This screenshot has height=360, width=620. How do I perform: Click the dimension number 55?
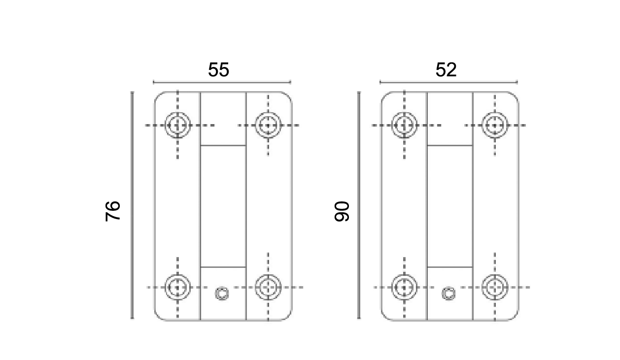pos(218,70)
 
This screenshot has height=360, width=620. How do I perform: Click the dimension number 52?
pos(446,70)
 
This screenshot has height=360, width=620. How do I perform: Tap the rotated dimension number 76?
pos(113,210)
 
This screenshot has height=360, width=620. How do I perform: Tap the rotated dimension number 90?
pos(342,211)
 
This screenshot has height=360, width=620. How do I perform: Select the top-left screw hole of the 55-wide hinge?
pos(177,125)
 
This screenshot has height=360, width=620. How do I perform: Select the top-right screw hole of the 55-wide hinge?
pos(268,125)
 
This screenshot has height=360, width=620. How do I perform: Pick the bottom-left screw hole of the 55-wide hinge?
pos(177,287)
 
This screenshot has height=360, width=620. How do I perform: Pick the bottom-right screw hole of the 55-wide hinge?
pos(268,287)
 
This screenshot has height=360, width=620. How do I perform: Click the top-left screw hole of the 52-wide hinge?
pos(404,125)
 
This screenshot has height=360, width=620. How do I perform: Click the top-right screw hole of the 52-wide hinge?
pos(494,125)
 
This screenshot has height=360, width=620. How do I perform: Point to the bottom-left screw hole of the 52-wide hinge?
pos(404,287)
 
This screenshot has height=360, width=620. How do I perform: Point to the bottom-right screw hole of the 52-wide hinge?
pos(494,287)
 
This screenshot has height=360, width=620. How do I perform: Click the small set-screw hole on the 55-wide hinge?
pos(222,294)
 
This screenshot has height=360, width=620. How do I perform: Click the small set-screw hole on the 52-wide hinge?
pos(448,294)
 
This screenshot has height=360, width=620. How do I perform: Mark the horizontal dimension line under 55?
pos(222,82)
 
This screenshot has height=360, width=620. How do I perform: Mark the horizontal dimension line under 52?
pos(448,82)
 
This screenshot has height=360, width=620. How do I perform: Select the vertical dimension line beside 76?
pos(132,205)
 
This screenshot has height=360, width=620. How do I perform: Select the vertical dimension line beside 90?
pos(359,205)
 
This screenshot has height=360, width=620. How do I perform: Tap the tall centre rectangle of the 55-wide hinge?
pos(223,206)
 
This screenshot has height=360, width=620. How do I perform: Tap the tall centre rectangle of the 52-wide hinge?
pos(449,206)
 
